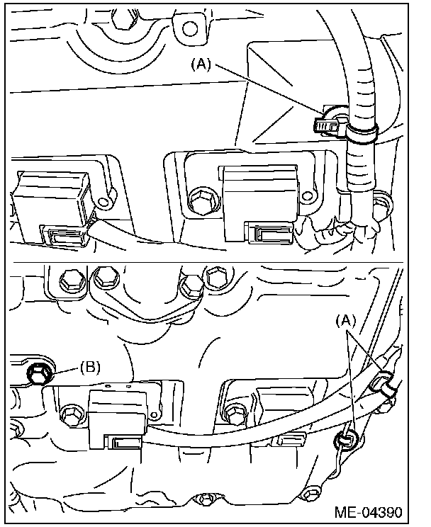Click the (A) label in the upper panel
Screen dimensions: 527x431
pos(201,64)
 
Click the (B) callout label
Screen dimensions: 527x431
pos(91,367)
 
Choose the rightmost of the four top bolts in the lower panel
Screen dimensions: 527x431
pos(214,276)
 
